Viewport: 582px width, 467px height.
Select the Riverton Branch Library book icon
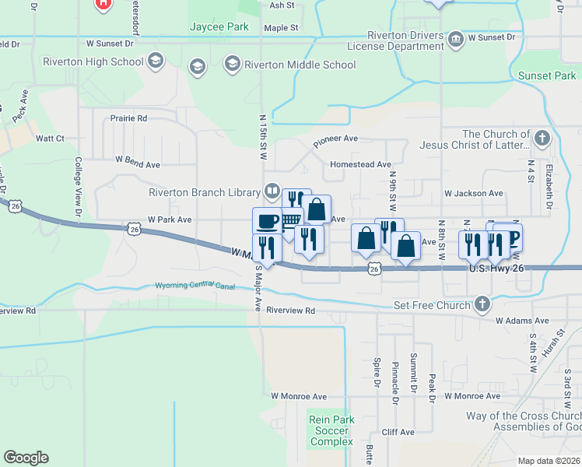click(x=272, y=191)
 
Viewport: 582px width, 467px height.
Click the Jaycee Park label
click(x=219, y=26)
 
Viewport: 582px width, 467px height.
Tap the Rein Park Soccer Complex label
click(x=331, y=430)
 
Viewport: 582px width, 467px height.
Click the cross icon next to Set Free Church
click(x=482, y=304)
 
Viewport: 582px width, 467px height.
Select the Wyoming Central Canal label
click(x=195, y=286)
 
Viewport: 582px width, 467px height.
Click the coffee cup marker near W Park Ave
click(x=267, y=221)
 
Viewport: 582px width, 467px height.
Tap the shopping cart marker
click(x=290, y=220)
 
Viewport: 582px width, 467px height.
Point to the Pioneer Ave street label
click(x=335, y=141)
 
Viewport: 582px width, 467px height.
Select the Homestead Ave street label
click(x=360, y=164)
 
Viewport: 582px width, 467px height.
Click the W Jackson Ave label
click(x=473, y=193)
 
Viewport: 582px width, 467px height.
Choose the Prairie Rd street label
click(x=129, y=118)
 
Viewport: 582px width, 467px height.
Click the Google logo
click(x=26, y=458)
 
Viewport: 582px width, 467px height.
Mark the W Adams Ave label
click(x=522, y=321)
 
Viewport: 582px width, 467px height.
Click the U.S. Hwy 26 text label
click(x=499, y=269)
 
